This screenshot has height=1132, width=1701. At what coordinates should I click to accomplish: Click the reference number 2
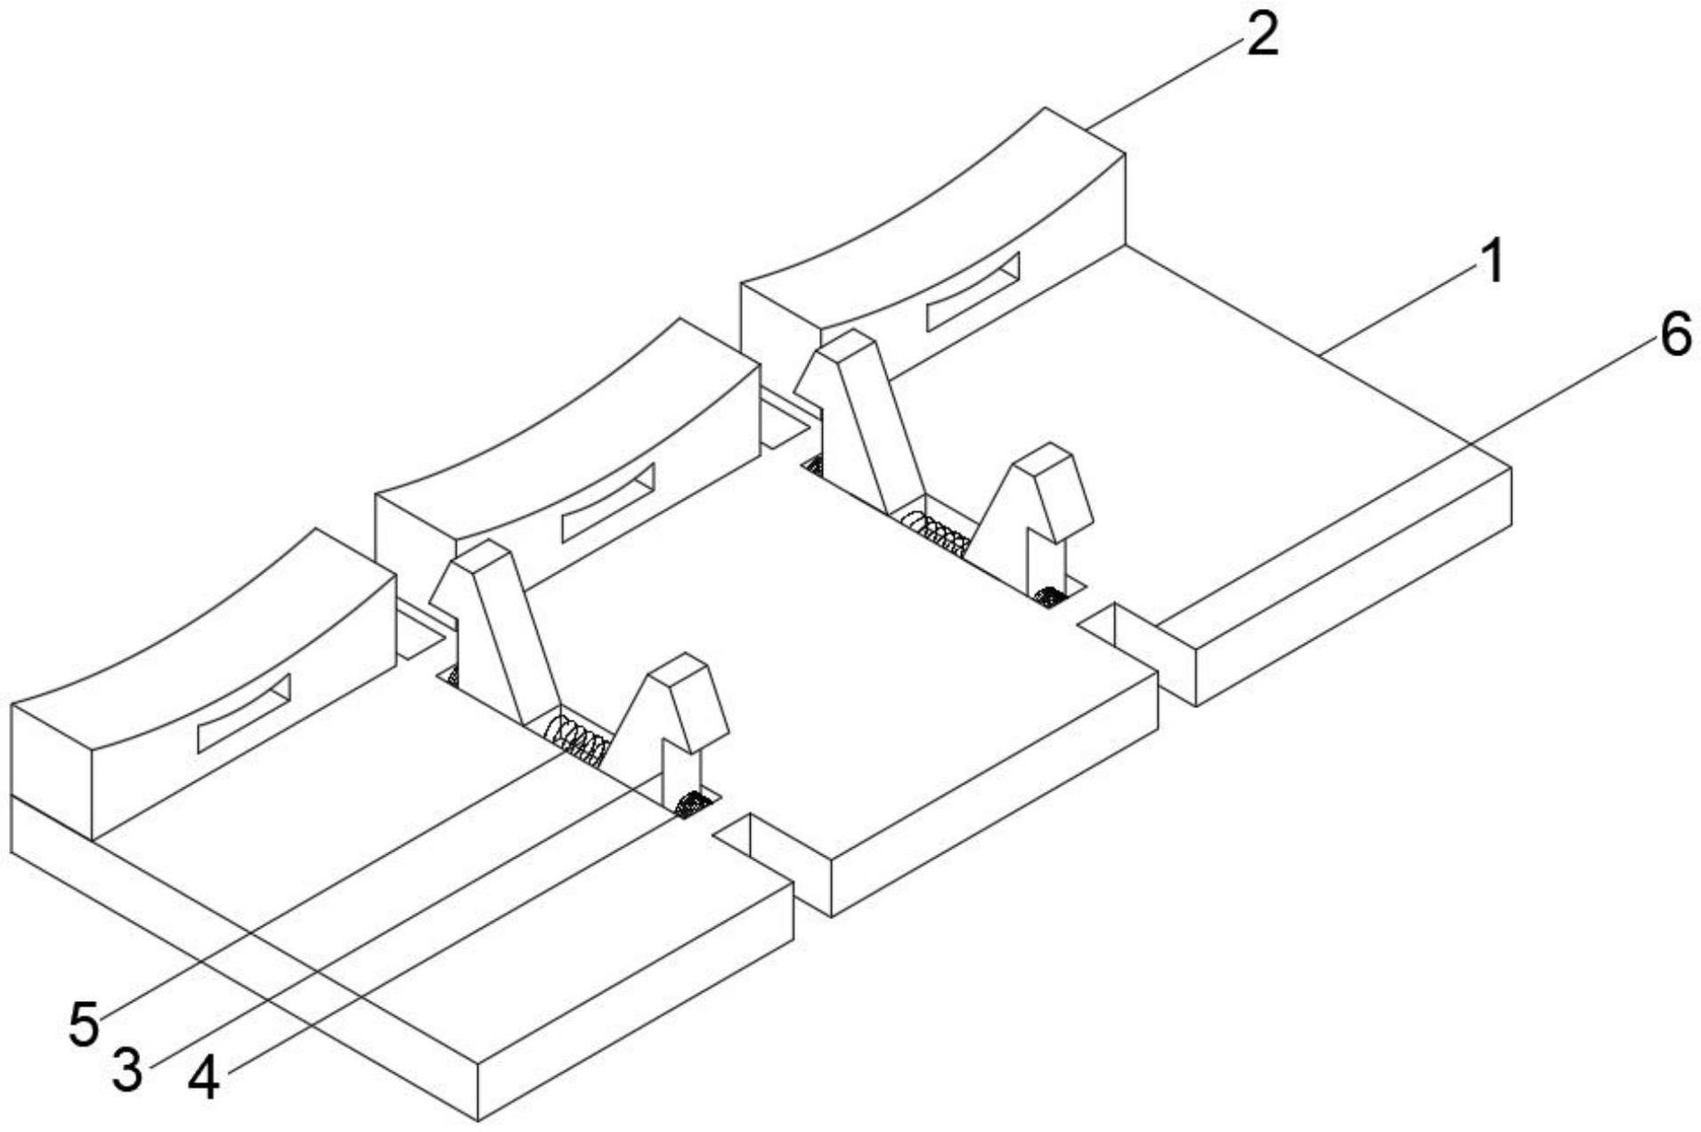pyautogui.click(x=1261, y=37)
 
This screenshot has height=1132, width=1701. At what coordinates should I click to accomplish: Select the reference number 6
pyautogui.click(x=1675, y=337)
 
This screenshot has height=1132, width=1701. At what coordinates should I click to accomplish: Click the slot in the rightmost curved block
pyautogui.click(x=973, y=291)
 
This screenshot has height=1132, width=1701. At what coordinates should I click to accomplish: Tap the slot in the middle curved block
pyautogui.click(x=607, y=502)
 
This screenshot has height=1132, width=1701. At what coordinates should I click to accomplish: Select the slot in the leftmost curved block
pyautogui.click(x=243, y=712)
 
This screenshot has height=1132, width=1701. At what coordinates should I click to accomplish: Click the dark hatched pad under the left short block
pyautogui.click(x=691, y=804)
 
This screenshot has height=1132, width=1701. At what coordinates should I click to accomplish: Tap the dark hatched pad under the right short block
pyautogui.click(x=1051, y=594)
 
